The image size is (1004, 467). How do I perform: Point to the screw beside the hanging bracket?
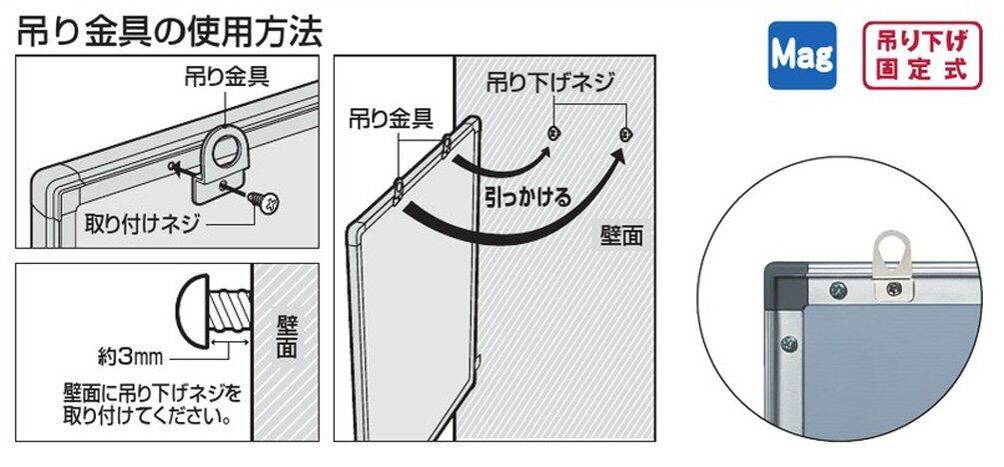pos(269,204)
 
